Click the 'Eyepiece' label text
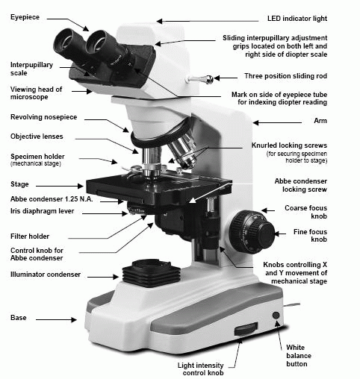pos(25,17)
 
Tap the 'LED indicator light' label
pos(297,19)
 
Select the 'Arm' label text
pos(320,121)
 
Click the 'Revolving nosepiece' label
pos(44,117)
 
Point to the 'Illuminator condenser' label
pos(46,275)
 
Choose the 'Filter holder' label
pos(30,237)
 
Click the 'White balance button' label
pos(299,356)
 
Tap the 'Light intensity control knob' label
pos(201,369)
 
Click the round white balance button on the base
pos(276,316)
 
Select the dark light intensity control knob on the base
pos(246,330)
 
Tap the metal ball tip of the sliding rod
pos(208,79)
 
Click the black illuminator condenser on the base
pos(151,273)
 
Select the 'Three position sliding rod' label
pos(285,76)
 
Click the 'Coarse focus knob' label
pos(306,212)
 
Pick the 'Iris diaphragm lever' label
pos(43,211)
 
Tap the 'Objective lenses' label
pos(37,137)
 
